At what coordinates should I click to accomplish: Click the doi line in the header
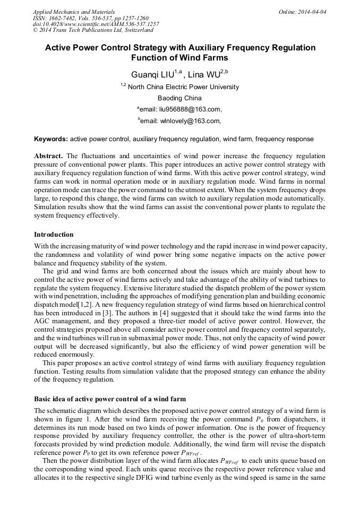96,24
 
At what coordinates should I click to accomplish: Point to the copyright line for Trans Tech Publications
93,31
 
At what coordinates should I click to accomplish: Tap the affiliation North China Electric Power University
183,87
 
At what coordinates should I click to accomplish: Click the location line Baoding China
179,98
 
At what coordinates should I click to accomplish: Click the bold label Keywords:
51,139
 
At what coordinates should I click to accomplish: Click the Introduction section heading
54,235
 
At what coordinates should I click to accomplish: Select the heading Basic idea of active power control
110,399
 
